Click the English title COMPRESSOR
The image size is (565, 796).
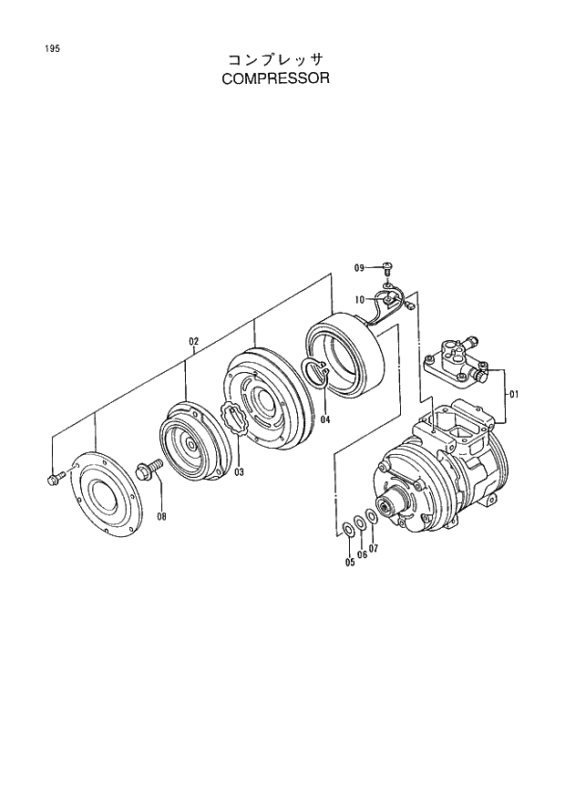pyautogui.click(x=274, y=78)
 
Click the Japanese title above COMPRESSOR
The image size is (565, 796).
pyautogui.click(x=274, y=59)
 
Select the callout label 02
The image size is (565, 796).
pyautogui.click(x=193, y=342)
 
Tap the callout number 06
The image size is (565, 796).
pyautogui.click(x=362, y=554)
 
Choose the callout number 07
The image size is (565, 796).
pyautogui.click(x=374, y=548)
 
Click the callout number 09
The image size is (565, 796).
pyautogui.click(x=360, y=267)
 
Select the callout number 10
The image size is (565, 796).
pyautogui.click(x=360, y=299)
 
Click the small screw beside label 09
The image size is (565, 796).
pyautogui.click(x=386, y=266)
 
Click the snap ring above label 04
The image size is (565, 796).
pyautogui.click(x=314, y=374)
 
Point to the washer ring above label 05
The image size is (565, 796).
pyautogui.click(x=349, y=531)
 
